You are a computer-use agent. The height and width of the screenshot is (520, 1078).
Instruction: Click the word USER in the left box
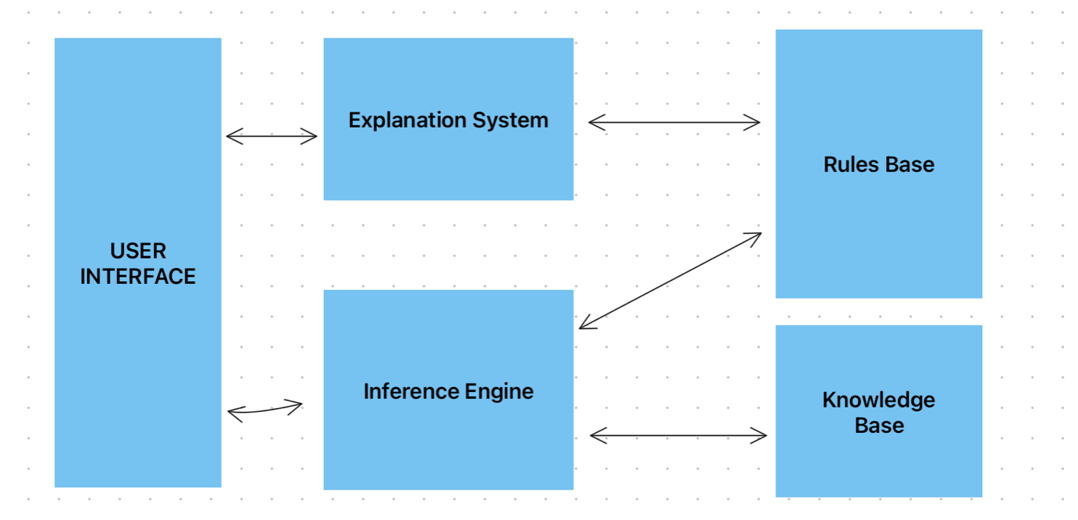click(x=138, y=251)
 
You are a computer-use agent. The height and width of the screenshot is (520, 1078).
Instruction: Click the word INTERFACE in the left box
click(x=138, y=277)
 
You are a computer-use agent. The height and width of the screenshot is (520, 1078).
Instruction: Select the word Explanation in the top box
click(x=408, y=121)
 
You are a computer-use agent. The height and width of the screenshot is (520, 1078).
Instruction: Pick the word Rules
click(x=848, y=165)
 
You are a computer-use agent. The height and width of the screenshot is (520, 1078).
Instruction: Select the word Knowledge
click(x=879, y=400)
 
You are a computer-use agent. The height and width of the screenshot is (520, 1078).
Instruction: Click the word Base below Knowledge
click(x=879, y=426)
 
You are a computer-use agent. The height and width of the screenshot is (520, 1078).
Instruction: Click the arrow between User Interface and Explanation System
click(x=272, y=136)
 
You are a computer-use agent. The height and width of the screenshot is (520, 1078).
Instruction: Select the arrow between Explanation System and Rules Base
click(x=674, y=123)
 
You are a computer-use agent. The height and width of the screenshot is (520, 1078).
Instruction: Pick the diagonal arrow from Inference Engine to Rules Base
click(x=670, y=281)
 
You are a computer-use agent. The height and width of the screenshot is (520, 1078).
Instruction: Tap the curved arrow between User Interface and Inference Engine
click(x=264, y=410)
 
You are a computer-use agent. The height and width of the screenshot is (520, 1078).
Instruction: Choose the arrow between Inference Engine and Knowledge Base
click(x=678, y=436)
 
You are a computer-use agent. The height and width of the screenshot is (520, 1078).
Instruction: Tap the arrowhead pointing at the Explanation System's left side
click(x=312, y=136)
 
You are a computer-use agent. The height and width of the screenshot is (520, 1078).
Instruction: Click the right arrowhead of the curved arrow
click(x=296, y=405)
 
